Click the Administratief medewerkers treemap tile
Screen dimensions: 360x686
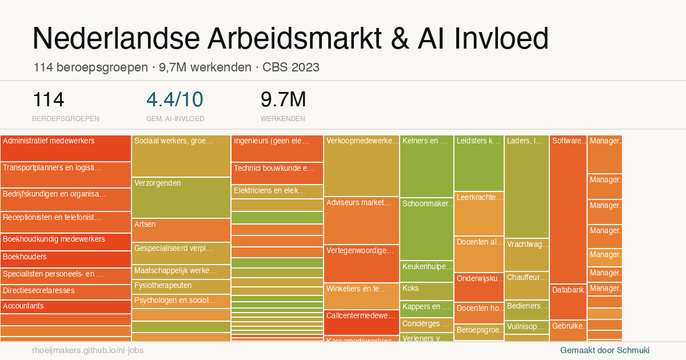[66, 148]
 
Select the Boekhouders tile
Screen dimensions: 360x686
[66, 259]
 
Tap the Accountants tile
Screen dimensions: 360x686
[66, 307]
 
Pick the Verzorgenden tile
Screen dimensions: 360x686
[181, 197]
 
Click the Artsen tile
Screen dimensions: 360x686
[181, 230]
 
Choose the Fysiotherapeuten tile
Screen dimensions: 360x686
[181, 286]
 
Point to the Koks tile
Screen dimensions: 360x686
[426, 291]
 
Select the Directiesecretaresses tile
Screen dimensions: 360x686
[66, 291]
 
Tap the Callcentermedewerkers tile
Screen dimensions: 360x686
[361, 322]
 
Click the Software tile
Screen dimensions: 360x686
[568, 209]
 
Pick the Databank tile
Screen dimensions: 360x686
[568, 301]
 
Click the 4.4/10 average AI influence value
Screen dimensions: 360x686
[175, 99]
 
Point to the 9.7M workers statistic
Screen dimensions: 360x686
[284, 99]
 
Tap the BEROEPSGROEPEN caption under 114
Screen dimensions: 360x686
[66, 119]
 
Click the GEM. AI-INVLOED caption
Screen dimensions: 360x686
[175, 119]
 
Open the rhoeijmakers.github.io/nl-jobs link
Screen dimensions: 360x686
[88, 350]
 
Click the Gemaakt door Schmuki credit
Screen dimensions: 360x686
[605, 350]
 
